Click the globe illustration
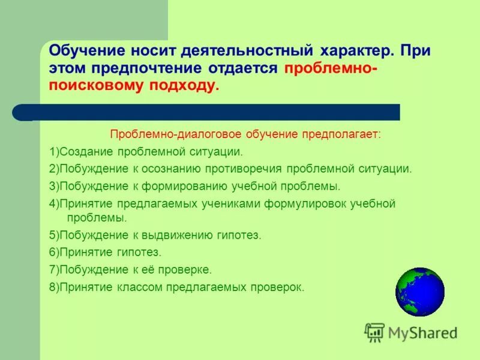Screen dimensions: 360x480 pyautogui.click(x=420, y=292)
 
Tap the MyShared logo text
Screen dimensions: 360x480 pyautogui.click(x=422, y=332)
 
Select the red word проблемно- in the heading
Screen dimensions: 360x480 pyautogui.click(x=331, y=68)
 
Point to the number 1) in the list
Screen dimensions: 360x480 pyautogui.click(x=54, y=152)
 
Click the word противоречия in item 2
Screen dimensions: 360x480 pyautogui.click(x=246, y=169)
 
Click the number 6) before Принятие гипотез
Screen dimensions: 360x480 pyautogui.click(x=54, y=253)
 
